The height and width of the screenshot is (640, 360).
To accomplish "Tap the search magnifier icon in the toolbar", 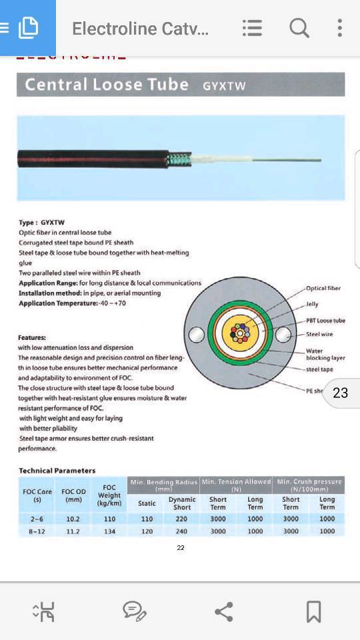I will pyautogui.click(x=299, y=28).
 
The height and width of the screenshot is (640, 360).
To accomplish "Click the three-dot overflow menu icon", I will pyautogui.click(x=340, y=28).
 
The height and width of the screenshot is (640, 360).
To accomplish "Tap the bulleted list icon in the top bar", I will pyautogui.click(x=252, y=28).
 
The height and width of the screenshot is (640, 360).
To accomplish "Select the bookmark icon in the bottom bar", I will pyautogui.click(x=313, y=611).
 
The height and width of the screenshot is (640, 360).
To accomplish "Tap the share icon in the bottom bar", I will pyautogui.click(x=223, y=611).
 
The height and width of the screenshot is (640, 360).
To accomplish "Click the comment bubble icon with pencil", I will pyautogui.click(x=134, y=611).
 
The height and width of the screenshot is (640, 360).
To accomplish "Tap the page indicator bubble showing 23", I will pyautogui.click(x=341, y=393).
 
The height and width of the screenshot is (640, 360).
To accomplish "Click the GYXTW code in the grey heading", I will pyautogui.click(x=224, y=86).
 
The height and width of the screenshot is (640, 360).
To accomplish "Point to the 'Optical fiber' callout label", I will pyautogui.click(x=323, y=289).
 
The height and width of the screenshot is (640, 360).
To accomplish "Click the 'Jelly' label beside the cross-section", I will pyautogui.click(x=312, y=305).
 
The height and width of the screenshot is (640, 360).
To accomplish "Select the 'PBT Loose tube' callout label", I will pyautogui.click(x=325, y=321).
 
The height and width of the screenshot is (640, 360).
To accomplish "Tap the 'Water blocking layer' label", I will pyautogui.click(x=325, y=354).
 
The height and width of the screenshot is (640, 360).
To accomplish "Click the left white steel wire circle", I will pyautogui.click(x=196, y=335).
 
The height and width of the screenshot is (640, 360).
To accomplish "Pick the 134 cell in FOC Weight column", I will pyautogui.click(x=109, y=531).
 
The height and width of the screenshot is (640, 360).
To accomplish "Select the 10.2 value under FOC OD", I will pyautogui.click(x=73, y=519).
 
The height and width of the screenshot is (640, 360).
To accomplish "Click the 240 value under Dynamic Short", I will pyautogui.click(x=181, y=531).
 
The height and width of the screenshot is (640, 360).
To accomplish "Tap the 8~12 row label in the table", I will pyautogui.click(x=37, y=531).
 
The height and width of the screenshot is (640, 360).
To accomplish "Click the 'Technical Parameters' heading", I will pyautogui.click(x=57, y=470).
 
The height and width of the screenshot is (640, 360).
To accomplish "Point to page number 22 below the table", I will pyautogui.click(x=181, y=547).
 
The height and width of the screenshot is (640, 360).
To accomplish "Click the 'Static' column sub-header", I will pyautogui.click(x=147, y=503).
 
